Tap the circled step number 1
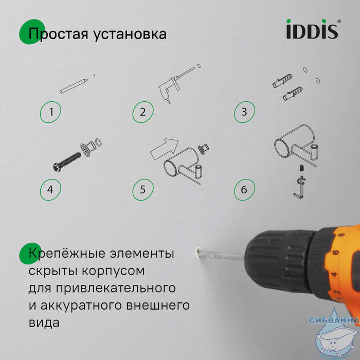(x=50, y=112)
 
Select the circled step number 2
(x=143, y=112)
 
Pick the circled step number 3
(x=244, y=112)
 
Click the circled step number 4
(x=50, y=190)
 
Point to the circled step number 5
(x=143, y=190)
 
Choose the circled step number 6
(x=244, y=190)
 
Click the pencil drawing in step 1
(x=74, y=86)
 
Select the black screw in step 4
(x=67, y=161)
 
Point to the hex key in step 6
(x=299, y=187)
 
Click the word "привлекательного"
(x=116, y=289)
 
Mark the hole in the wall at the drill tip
(x=197, y=253)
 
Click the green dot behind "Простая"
(x=32, y=32)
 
